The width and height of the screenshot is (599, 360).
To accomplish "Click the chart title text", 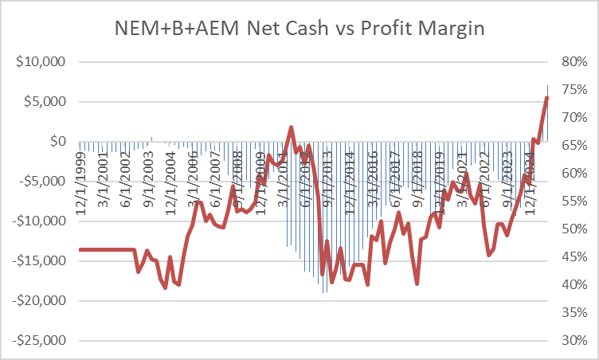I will coord(299,29).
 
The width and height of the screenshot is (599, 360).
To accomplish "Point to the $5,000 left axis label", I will coord(44,102).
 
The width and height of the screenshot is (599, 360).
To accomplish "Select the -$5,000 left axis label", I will coord(42,182).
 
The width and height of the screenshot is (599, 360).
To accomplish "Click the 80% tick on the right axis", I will coord(574,62).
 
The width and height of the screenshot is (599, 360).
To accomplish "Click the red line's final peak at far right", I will coord(547,97).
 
